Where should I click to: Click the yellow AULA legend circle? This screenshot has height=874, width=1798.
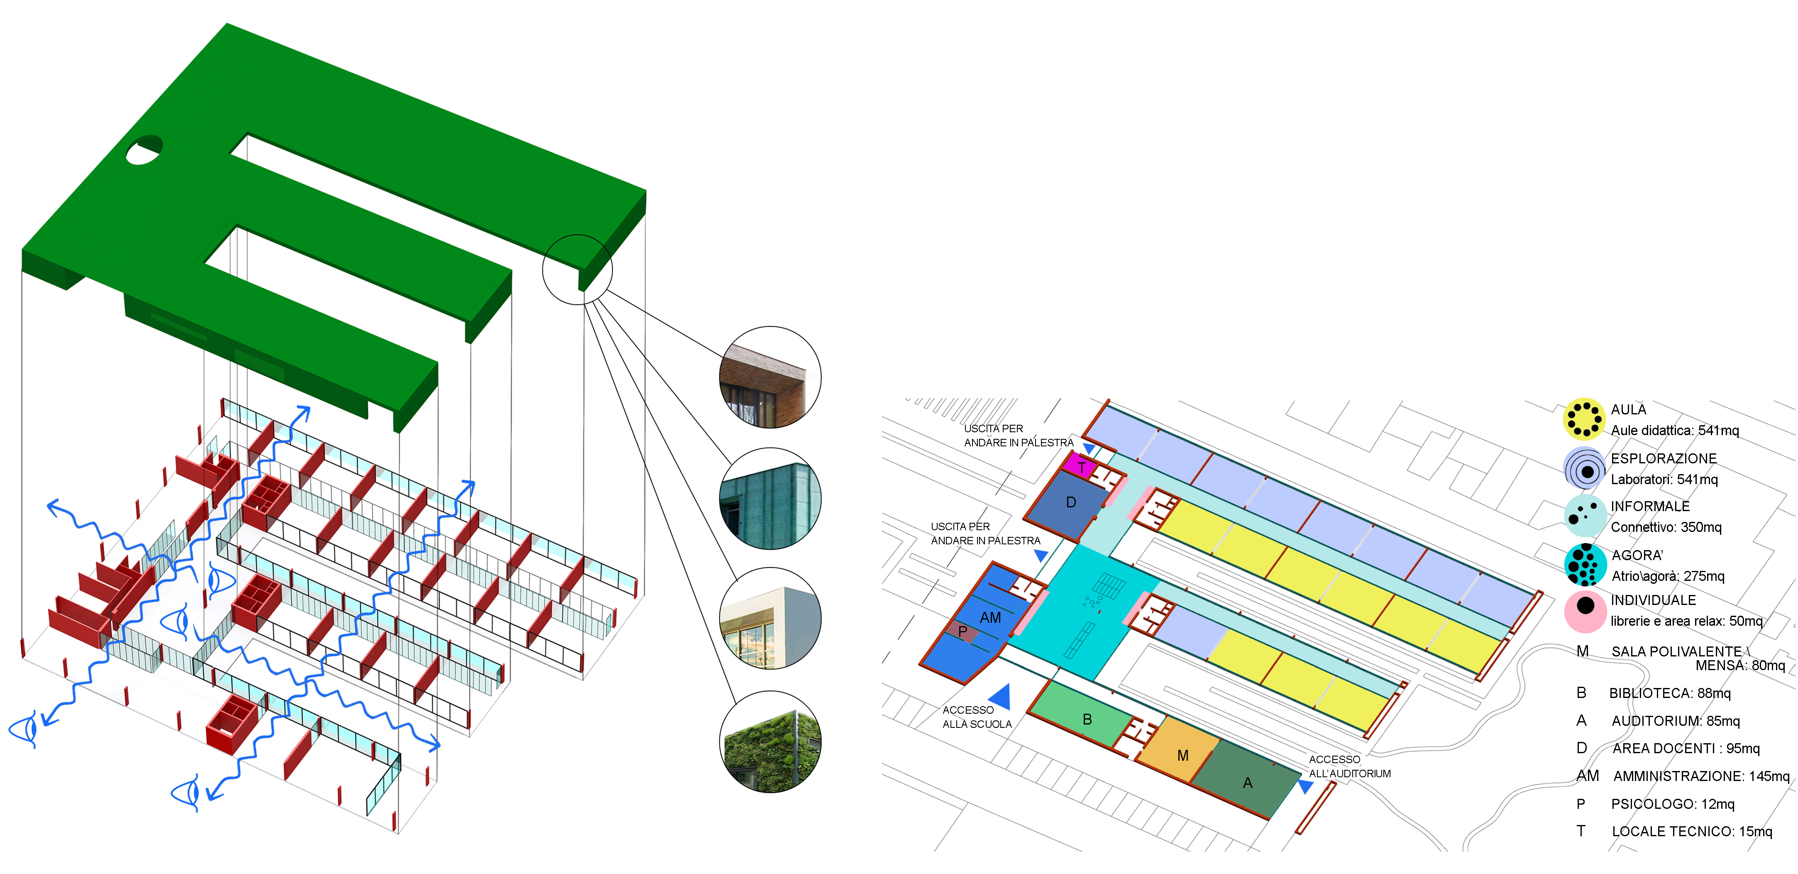[x=1584, y=419]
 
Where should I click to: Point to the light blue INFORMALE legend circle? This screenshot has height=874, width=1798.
[x=1585, y=517]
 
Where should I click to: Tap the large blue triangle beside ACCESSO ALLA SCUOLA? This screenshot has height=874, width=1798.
[x=1002, y=697]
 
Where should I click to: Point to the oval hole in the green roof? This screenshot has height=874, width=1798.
[x=144, y=149]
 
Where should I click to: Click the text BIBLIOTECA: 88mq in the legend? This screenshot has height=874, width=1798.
[x=1670, y=693]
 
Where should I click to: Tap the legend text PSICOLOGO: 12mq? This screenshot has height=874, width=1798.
[x=1672, y=804]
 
